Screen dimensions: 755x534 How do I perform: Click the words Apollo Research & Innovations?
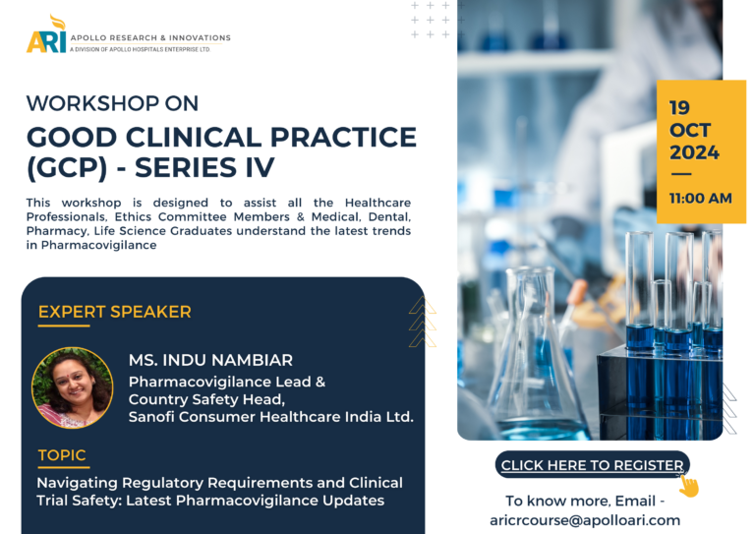click(150, 37)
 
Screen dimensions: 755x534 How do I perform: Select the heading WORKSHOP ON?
click(112, 103)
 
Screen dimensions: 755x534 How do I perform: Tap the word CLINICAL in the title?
click(194, 138)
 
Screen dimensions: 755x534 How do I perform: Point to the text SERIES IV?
click(204, 168)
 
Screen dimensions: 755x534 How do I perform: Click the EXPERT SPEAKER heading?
click(115, 312)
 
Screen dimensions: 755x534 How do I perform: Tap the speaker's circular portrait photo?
click(72, 387)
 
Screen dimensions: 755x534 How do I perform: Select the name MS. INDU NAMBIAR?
click(210, 360)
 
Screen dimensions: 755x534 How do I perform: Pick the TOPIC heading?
click(62, 455)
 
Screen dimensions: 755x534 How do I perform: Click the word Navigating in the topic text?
click(77, 483)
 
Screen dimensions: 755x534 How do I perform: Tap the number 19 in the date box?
click(679, 108)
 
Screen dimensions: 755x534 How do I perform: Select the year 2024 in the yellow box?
click(694, 152)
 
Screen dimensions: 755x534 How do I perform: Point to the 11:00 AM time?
click(701, 199)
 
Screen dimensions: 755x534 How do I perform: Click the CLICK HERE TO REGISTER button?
click(592, 464)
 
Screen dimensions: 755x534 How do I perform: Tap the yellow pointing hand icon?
click(689, 486)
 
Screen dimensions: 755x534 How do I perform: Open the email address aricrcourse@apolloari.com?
click(585, 520)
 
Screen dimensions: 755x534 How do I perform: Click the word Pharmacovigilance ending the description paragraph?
click(98, 245)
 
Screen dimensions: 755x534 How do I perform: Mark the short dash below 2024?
click(681, 174)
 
